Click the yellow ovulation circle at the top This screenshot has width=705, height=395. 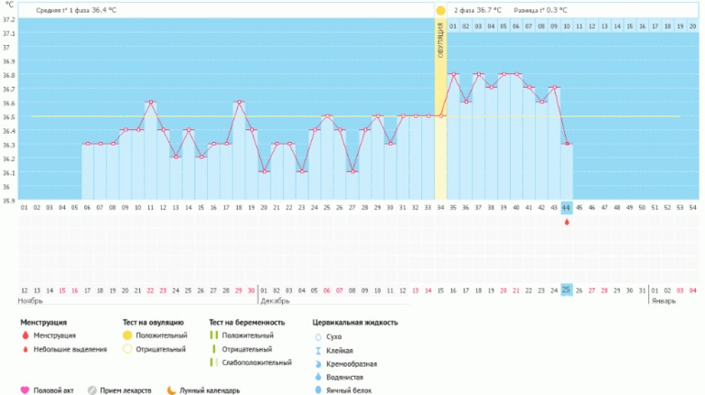pos(440,11)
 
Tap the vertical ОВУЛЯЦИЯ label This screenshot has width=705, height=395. pos(440,41)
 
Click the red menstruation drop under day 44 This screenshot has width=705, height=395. pos(566,221)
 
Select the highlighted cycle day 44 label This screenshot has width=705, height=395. pos(566,208)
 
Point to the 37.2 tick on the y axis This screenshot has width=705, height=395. pos(7,19)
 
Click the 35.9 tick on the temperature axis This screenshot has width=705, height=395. pos(7,200)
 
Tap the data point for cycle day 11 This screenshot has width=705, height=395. pos(150,102)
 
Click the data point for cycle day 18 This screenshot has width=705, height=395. pos(239,102)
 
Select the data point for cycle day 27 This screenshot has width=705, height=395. pos(352,171)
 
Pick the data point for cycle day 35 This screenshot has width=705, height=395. pos(452,74)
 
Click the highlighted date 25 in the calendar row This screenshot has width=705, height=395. pos(566,290)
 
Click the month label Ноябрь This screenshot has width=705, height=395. pos(30,301)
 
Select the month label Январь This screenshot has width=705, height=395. pos(664,301)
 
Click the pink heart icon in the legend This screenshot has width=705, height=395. pos(25,390)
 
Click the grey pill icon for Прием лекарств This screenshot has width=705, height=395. pos(92,390)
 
